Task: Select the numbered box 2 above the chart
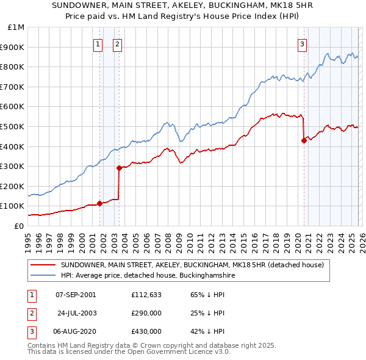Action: (x=117, y=43)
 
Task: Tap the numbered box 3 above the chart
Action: (x=302, y=43)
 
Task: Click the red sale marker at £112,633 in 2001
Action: (x=99, y=203)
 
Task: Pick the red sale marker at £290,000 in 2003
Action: (x=120, y=168)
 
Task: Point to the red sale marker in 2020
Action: (x=304, y=140)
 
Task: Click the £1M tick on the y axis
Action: (x=16, y=27)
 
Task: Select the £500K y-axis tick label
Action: (x=13, y=126)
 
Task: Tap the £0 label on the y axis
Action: (x=19, y=226)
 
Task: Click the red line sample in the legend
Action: (x=43, y=265)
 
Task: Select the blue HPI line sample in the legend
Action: (x=43, y=276)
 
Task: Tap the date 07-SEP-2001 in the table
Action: (x=76, y=295)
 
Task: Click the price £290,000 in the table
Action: (x=146, y=313)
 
